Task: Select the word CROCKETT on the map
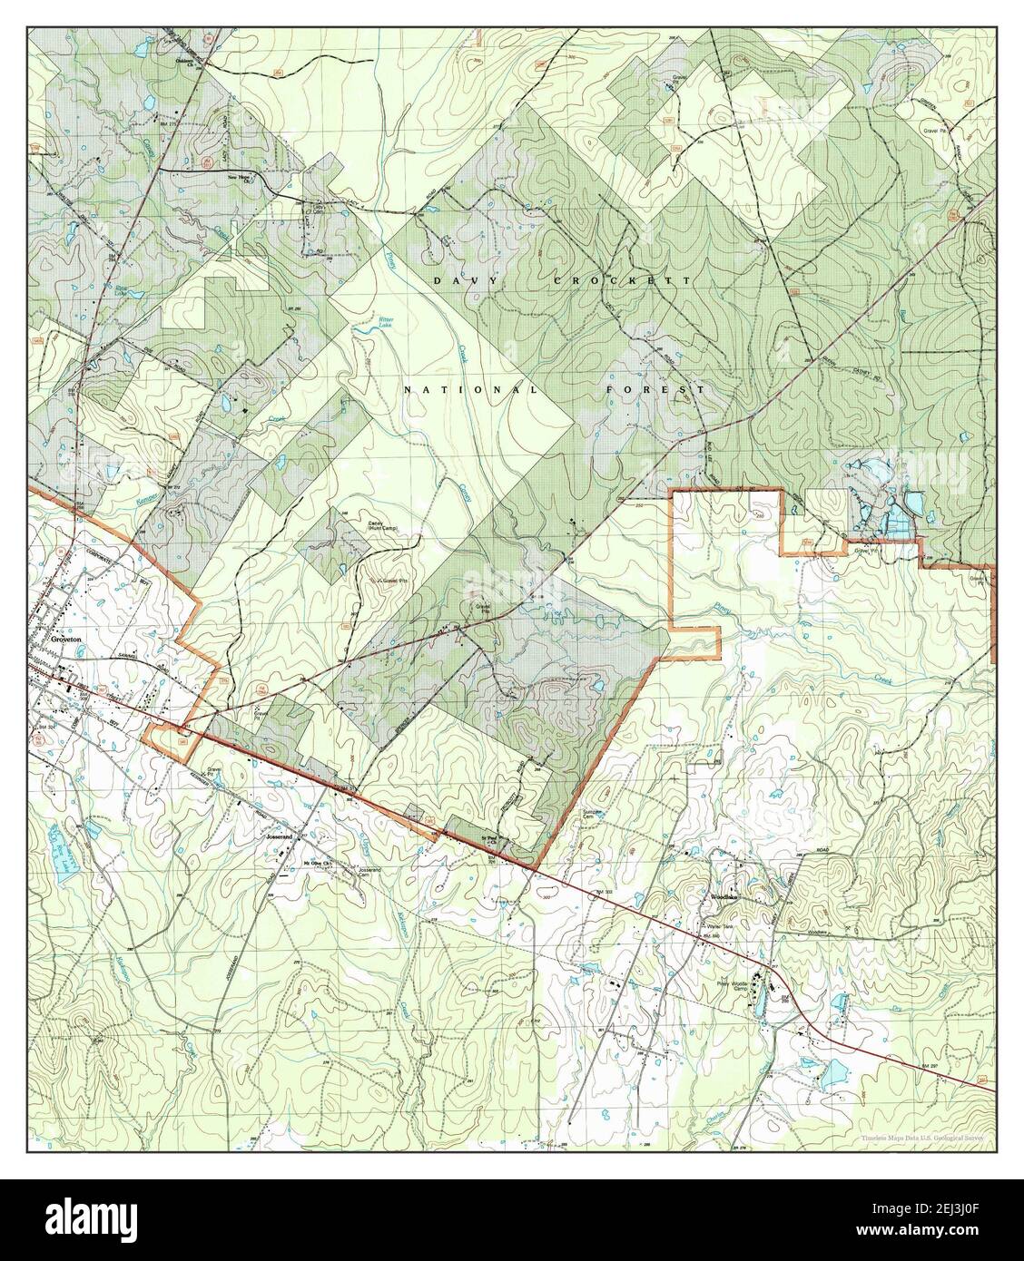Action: pyautogui.click(x=623, y=282)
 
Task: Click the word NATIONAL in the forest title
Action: pyautogui.click(x=471, y=389)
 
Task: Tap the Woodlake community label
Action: pyautogui.click(x=725, y=896)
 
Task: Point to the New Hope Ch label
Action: pyautogui.click(x=240, y=178)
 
